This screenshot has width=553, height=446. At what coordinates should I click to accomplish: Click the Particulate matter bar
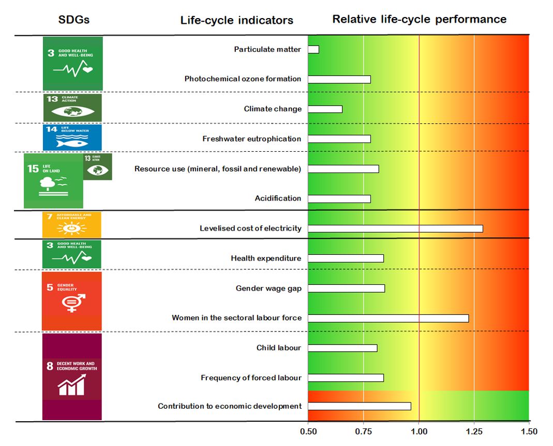pos(313,49)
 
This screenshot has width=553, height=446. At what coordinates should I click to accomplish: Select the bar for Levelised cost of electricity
pos(395,228)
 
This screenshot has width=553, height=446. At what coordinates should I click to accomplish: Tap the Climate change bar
pos(325,109)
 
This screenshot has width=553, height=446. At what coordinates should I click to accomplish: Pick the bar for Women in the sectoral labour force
pos(388,318)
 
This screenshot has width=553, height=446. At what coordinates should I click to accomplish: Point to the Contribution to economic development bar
pos(360,406)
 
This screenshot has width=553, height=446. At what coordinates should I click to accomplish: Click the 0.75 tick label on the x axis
pos(363,431)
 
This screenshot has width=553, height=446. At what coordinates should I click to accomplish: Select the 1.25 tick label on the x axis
pos(474,431)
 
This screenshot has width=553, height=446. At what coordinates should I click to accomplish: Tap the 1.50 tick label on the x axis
pos(529,431)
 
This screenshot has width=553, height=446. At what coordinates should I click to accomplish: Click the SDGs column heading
pos(73,20)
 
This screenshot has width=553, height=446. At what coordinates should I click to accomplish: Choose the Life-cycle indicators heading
pos(236,20)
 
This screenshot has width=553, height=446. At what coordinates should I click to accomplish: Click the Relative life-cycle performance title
pos(419,19)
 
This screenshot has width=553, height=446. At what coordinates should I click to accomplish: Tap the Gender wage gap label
pos(268,288)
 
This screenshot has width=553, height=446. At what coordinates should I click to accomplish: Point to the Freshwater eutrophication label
pos(251,139)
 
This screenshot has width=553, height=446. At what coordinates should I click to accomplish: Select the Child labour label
pos(278,348)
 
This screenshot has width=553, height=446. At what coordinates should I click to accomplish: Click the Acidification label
pos(278,198)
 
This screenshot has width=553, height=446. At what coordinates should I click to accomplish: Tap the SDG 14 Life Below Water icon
pos(72,137)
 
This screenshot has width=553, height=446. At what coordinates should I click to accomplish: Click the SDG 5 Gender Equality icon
pos(71,300)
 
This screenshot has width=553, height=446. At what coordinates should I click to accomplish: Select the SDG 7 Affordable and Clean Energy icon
pos(71,225)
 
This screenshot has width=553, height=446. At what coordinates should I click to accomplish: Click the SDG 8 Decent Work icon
pos(72,377)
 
